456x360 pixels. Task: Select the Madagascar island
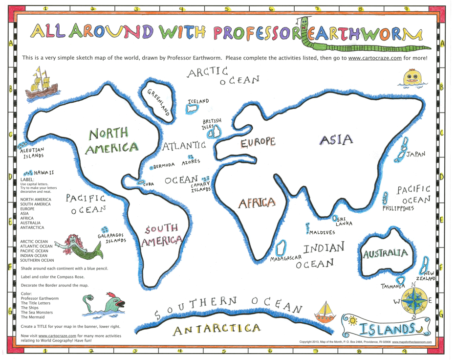tap(281, 248)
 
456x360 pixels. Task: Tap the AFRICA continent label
tap(257, 202)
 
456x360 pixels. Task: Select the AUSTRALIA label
tap(385, 253)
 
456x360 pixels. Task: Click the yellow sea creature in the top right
tap(413, 78)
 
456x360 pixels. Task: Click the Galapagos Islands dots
tap(104, 229)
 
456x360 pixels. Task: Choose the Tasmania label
tap(394, 286)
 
